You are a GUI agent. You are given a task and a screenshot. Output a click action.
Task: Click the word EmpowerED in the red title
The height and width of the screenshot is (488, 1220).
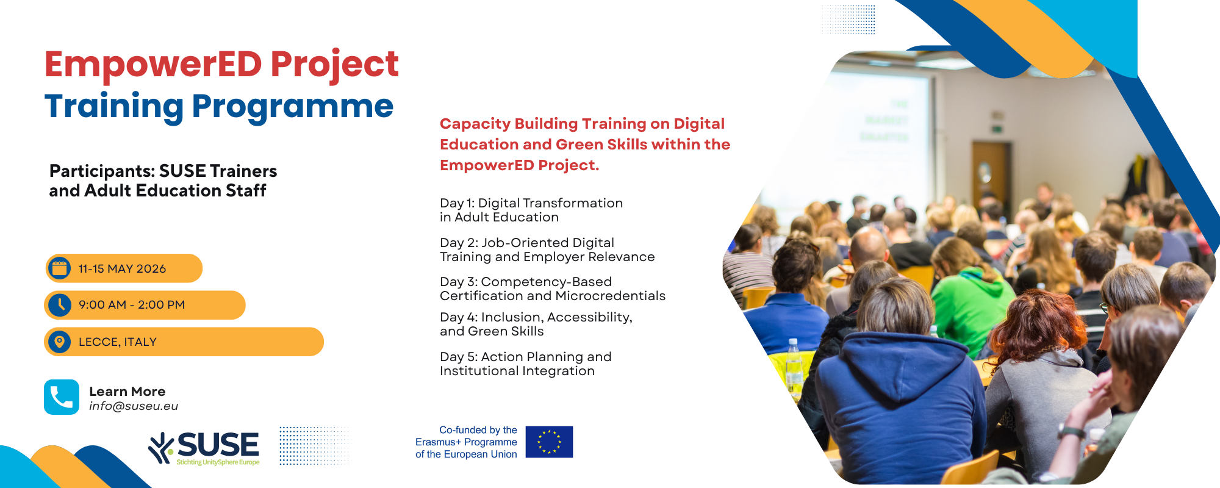tap(153, 65)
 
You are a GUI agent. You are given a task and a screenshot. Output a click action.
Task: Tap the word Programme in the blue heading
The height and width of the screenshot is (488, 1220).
tap(293, 107)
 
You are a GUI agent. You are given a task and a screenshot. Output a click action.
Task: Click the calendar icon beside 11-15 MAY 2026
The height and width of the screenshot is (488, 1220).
tap(59, 268)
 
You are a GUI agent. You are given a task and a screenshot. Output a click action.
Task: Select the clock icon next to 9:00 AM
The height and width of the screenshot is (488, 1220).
tap(60, 304)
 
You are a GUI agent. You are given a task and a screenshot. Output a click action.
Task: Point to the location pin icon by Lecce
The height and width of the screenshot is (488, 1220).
tap(59, 342)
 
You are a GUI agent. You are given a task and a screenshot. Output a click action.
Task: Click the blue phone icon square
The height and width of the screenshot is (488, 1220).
tap(62, 397)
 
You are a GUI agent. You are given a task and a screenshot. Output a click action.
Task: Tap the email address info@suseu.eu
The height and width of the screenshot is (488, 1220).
tap(134, 406)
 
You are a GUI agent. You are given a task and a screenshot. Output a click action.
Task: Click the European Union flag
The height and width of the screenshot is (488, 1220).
tap(549, 442)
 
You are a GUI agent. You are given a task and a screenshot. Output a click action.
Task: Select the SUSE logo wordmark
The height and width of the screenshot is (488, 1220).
tap(218, 445)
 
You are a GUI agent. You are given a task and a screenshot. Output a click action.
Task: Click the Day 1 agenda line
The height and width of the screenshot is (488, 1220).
tap(531, 210)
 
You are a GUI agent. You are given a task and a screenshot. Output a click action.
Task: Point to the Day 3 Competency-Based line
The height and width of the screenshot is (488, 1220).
tap(553, 289)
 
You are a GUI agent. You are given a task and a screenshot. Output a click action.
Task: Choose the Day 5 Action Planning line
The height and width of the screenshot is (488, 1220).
tap(526, 364)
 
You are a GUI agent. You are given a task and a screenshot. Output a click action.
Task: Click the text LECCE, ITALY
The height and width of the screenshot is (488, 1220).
tap(118, 342)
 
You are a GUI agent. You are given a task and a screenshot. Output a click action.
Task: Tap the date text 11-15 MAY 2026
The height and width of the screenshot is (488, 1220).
tap(122, 269)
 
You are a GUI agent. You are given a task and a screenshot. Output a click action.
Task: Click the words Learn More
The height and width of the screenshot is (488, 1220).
tap(127, 392)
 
